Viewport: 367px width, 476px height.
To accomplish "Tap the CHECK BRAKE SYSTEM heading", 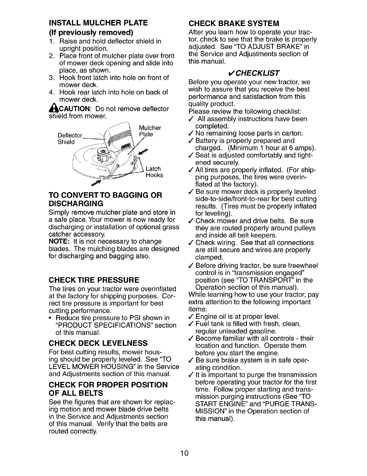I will pyautogui.click(x=234, y=23).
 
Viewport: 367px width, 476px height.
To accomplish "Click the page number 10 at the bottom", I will pyautogui.click(x=183, y=453).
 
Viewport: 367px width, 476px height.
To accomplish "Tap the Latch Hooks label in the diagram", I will pyautogui.click(x=154, y=172).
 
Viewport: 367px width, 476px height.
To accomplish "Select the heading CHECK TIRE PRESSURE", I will pyautogui.click(x=90, y=279).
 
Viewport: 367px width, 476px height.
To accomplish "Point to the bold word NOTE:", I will pyautogui.click(x=59, y=242).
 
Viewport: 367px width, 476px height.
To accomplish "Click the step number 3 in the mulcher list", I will pyautogui.click(x=51, y=78).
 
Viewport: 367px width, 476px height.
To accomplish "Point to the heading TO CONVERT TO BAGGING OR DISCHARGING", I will pyautogui.click(x=105, y=199).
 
